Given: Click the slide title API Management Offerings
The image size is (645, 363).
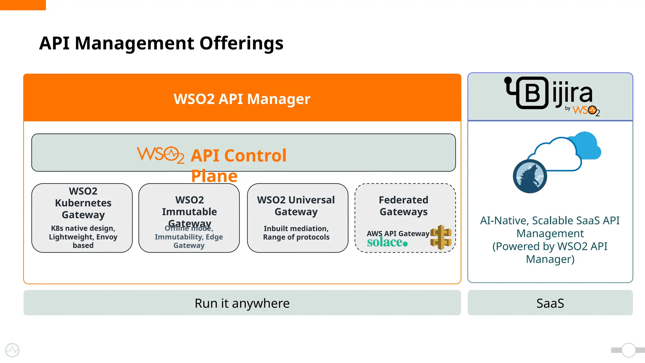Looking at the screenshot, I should coord(161,43).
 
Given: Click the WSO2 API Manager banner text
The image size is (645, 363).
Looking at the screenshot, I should coord(242,99).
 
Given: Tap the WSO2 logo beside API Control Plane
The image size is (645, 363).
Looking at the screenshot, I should coord(160,154).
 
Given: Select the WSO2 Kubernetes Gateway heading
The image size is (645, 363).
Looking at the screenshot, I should coord(83,203).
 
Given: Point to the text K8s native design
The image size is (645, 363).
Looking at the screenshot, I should coord(83,228).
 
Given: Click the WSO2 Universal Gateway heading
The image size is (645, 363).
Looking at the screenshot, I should coord(296,205).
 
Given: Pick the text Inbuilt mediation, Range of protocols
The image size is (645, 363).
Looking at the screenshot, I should coord(296,233).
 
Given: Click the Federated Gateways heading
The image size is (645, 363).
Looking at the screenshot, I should coord(403,205).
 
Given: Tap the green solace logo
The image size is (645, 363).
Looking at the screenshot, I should coord(387,242).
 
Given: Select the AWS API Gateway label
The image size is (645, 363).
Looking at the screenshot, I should coord(398,233).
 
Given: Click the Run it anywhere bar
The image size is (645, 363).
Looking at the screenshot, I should coord(242,303).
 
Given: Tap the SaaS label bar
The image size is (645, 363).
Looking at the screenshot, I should coord(550,303).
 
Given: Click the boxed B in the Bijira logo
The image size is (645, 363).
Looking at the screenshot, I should coord(532,93).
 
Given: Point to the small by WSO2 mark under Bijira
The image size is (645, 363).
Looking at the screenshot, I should coord(583,111).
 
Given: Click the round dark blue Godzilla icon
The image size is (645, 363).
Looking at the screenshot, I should coord(530,176).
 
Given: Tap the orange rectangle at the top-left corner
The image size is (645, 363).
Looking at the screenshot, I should coord(23,5).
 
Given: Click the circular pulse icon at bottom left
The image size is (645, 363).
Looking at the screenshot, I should coord(12,350).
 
